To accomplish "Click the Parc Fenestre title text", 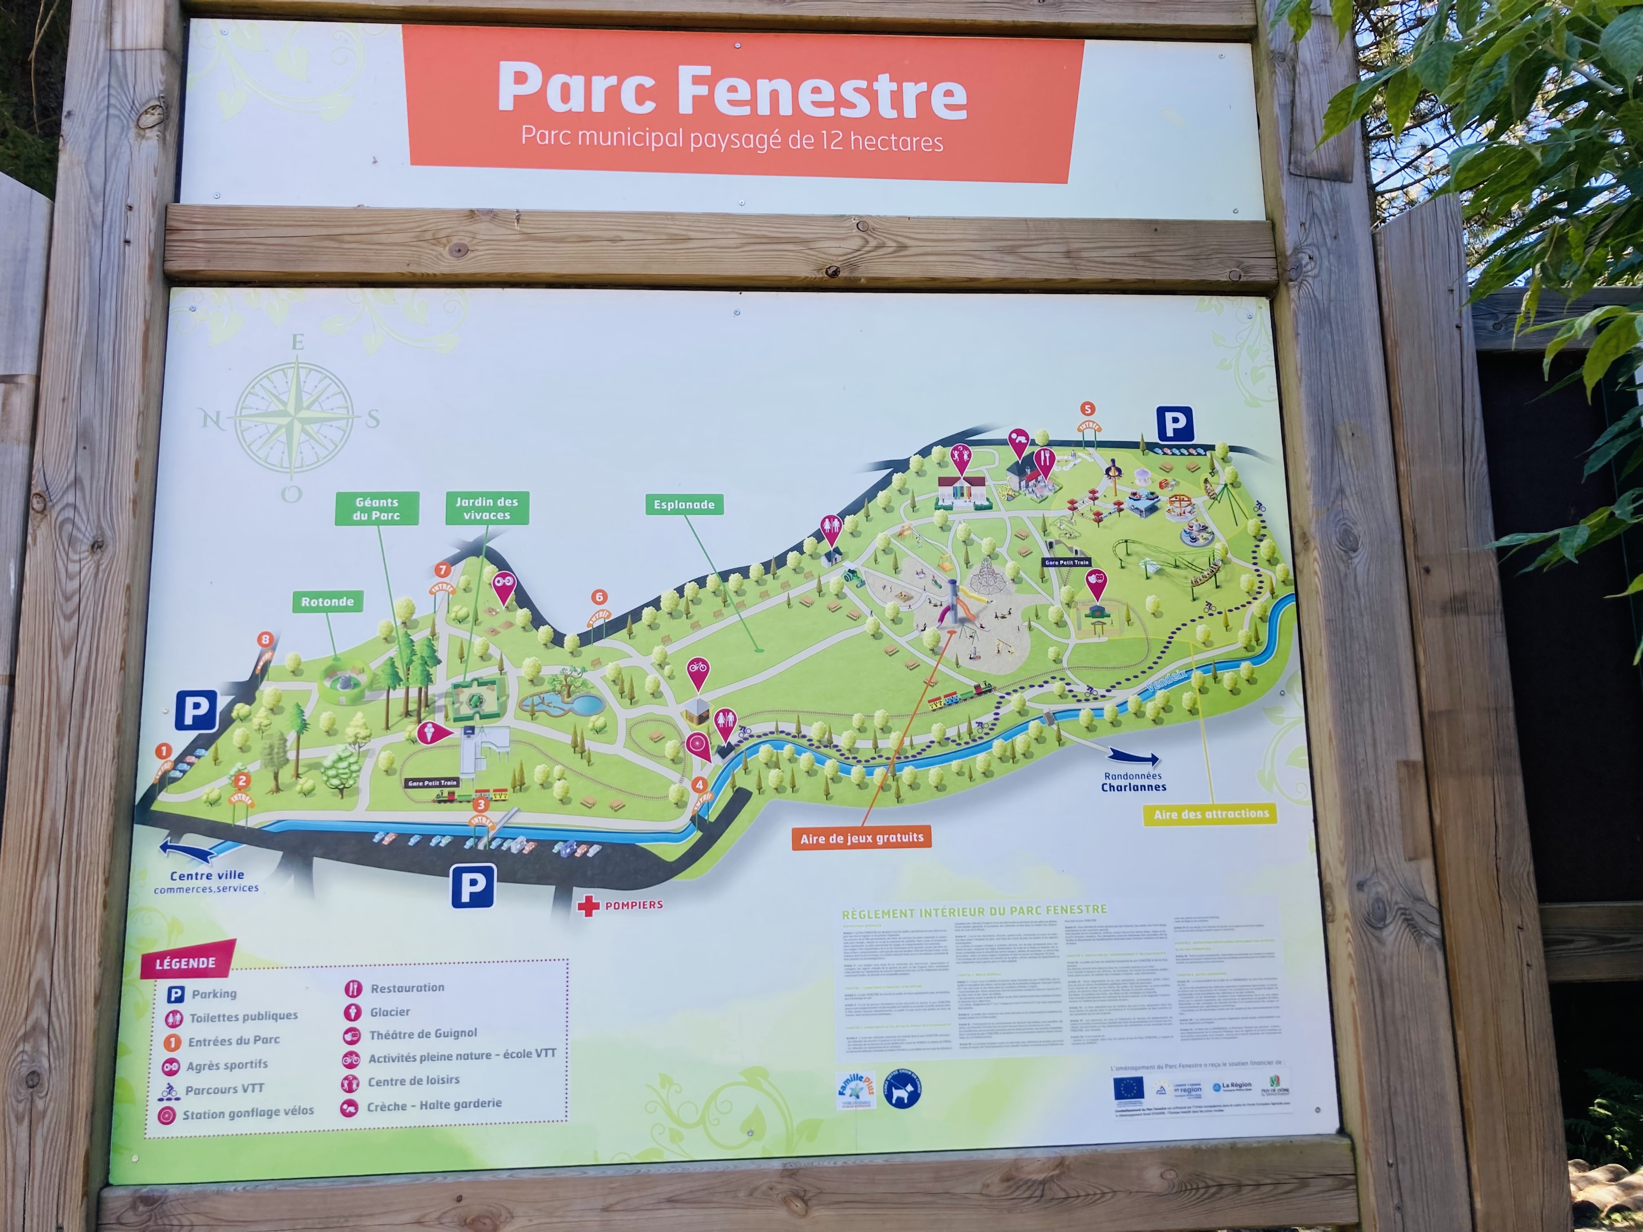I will click(731, 90).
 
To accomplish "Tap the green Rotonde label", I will click(328, 601).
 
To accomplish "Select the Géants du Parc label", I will click(377, 509).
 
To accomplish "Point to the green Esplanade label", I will click(683, 505).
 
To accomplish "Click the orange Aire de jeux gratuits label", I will click(861, 838).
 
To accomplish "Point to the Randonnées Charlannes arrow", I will click(1134, 757).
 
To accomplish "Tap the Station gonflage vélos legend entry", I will click(247, 1112).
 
